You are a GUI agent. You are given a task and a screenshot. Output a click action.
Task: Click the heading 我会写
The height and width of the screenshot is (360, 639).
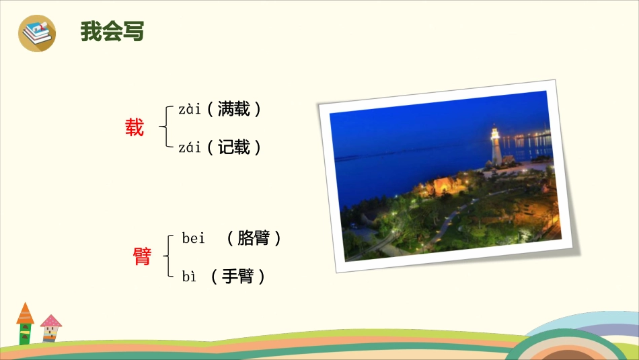112,32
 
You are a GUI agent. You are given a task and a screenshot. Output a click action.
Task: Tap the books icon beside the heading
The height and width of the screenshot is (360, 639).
37,32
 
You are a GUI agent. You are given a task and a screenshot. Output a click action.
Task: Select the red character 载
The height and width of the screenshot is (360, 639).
135,128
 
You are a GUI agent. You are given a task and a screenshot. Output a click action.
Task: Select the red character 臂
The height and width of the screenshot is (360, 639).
143,256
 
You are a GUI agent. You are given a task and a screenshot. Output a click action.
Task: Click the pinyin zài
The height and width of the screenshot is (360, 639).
190,109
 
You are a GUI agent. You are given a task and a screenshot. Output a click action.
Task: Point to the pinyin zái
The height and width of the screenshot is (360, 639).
190,147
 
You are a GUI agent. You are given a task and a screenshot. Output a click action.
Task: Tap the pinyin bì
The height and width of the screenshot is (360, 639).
189,276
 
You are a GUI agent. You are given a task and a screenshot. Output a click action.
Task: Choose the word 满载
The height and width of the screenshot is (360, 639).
234,109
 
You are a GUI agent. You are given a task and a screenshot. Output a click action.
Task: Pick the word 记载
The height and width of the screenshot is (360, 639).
234,147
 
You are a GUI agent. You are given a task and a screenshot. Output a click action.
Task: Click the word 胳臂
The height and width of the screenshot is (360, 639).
254,238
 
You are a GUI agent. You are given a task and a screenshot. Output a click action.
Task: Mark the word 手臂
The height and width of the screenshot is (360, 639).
237,276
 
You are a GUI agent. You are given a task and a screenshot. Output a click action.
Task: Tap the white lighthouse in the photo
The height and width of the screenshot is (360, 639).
496,148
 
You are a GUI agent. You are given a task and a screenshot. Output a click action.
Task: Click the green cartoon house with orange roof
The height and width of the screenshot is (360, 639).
26,326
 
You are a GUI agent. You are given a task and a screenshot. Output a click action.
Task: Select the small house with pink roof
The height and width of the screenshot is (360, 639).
50,328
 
